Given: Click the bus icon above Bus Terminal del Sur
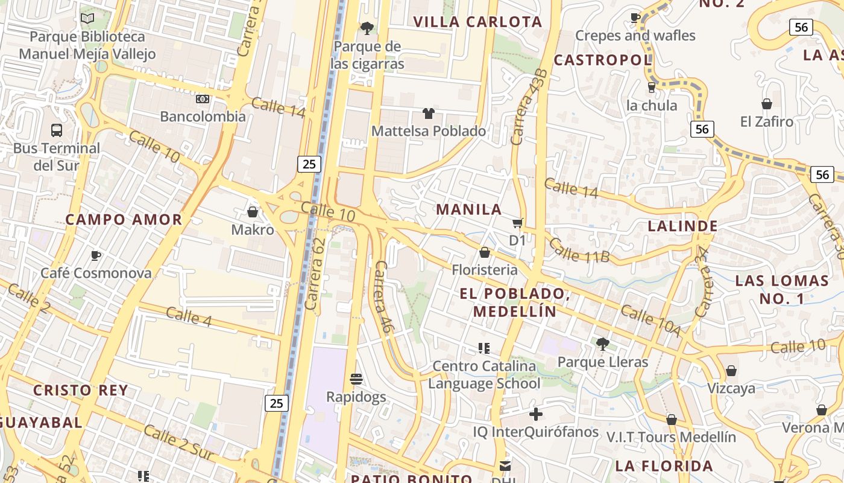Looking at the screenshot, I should pos(56,130).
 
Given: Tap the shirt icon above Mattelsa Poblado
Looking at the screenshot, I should pos(428,113).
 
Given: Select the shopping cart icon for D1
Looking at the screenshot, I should pos(517,223).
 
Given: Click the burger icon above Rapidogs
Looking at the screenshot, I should pos(356,379).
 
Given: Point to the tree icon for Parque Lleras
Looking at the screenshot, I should pos(602,344).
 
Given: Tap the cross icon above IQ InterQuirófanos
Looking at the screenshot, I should pos(535,414).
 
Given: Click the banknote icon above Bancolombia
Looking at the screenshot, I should pos(203,98).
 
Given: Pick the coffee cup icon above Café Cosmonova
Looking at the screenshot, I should pos(95,255).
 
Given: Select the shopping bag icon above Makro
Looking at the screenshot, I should pos(253,212).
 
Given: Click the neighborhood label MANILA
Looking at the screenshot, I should pos(469,210).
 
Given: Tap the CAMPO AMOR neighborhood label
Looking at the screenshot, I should pos(124,219).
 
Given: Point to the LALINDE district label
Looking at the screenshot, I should pos(682,226).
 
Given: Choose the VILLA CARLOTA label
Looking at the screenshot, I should pos(477,22).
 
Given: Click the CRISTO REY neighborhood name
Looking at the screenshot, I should pos(81,390).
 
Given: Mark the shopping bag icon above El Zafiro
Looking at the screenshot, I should pos(767,104).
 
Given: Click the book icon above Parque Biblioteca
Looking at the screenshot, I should pos(87,18).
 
